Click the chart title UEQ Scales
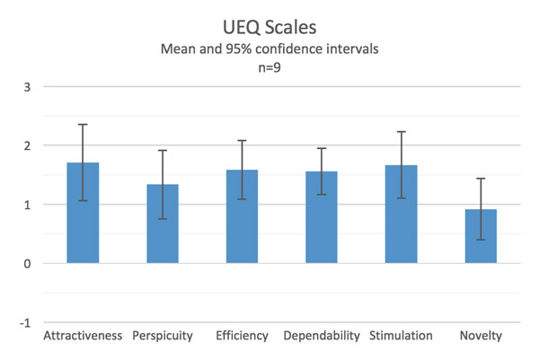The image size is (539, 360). [269, 28]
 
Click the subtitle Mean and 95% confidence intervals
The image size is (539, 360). [269, 50]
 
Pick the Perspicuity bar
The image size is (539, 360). [163, 224]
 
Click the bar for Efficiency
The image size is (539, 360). [242, 216]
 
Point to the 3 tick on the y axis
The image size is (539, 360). [27, 87]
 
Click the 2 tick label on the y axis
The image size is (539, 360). [27, 145]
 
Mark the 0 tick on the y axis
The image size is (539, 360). [27, 263]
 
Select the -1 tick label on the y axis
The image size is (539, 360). [25, 322]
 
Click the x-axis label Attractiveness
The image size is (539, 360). [83, 337]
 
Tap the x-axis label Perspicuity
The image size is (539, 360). [163, 337]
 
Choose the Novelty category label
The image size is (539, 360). [481, 337]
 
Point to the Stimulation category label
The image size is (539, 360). [401, 337]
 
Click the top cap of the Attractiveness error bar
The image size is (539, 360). [83, 125]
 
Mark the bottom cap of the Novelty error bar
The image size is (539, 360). [481, 240]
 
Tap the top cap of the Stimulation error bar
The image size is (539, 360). [401, 132]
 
